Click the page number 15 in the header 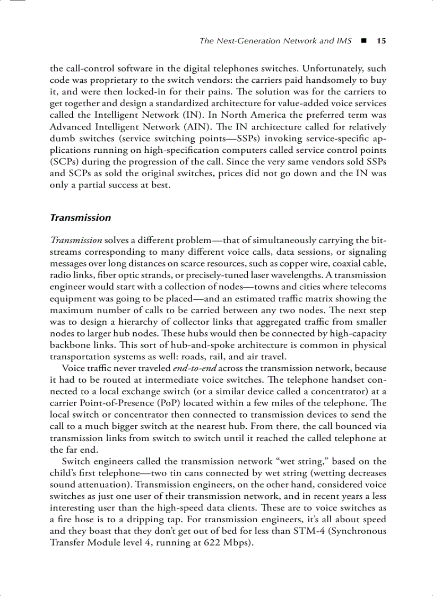[381, 41]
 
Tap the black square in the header [364, 41]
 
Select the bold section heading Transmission [80, 218]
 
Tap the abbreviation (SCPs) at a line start [64, 162]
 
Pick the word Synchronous [358, 531]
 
